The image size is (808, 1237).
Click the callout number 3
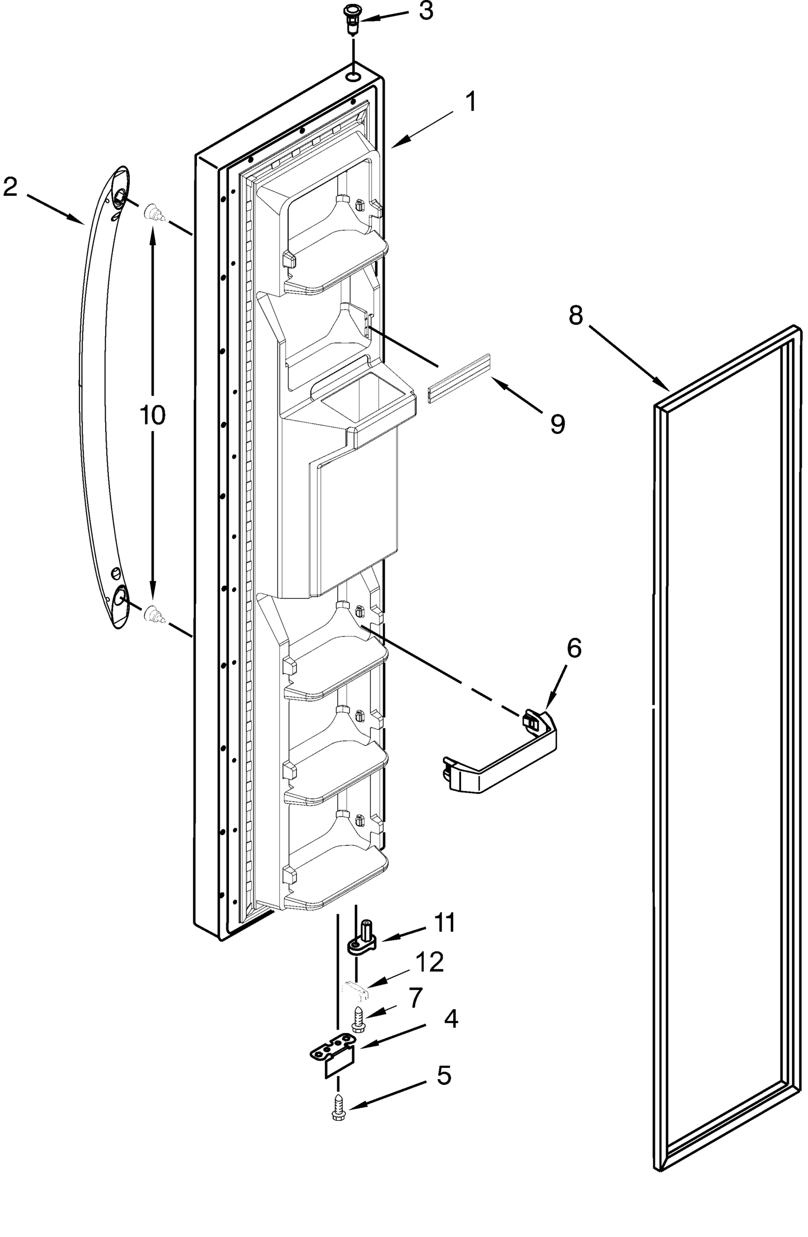tap(425, 11)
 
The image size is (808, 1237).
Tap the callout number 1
tap(470, 102)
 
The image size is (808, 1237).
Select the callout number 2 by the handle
tap(10, 187)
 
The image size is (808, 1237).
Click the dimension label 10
tap(152, 416)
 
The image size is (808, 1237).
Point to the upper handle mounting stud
tap(153, 212)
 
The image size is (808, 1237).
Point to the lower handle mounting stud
tap(153, 614)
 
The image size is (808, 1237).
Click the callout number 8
tap(575, 315)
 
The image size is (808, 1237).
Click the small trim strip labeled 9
tap(458, 379)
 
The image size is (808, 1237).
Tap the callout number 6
tap(573, 648)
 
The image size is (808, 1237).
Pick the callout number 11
tap(444, 923)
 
